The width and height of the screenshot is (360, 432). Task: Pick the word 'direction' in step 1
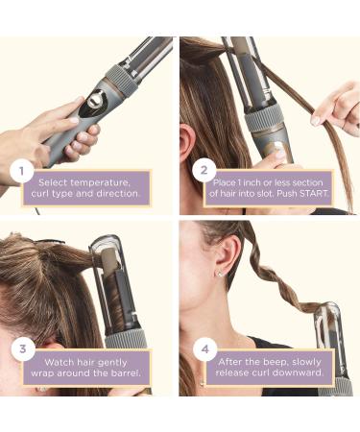click(117, 195)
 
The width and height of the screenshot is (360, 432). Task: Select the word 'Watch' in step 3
click(65, 357)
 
